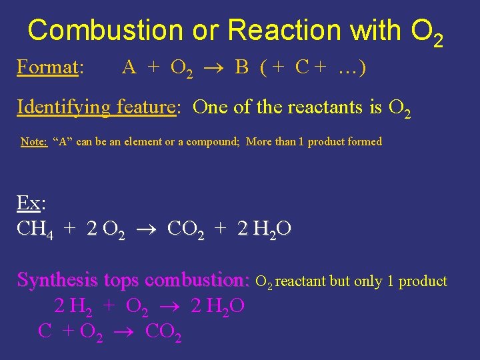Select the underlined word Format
pos(47,67)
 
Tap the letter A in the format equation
pos(129,67)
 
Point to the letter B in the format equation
pos(242,67)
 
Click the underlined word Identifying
pos(64,107)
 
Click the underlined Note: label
pos(34,141)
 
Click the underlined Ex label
pos(27,203)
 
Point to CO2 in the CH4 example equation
pos(185,229)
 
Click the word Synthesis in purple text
pos(55,280)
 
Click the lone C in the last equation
pos(45,331)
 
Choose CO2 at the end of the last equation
pos(161,331)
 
